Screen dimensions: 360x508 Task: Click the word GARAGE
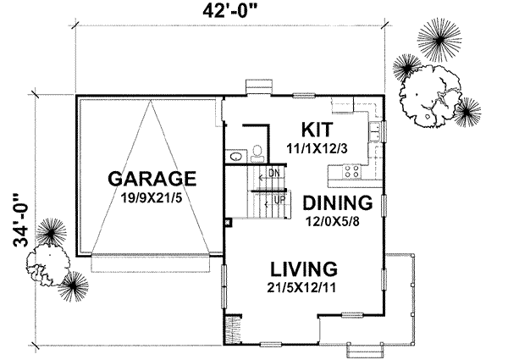pyautogui.click(x=152, y=180)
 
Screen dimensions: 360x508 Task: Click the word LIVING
pyautogui.click(x=304, y=269)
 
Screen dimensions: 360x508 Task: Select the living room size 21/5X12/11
pyautogui.click(x=304, y=287)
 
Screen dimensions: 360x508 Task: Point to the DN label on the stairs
pyautogui.click(x=273, y=173)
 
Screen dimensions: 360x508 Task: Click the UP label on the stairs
pyautogui.click(x=276, y=200)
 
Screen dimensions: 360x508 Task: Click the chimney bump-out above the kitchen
pyautogui.click(x=257, y=87)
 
